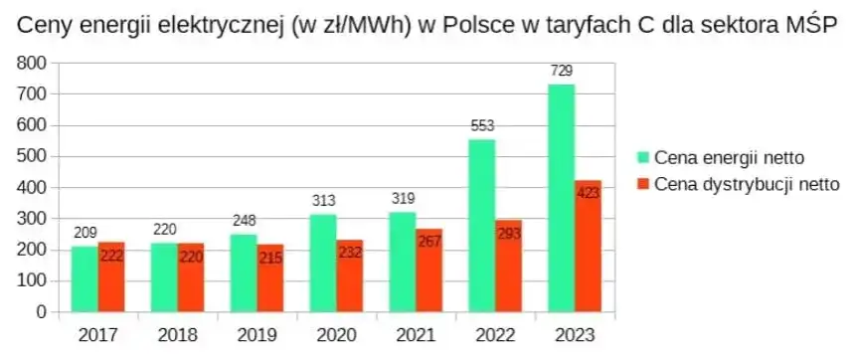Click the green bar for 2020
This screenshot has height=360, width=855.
pos(323,263)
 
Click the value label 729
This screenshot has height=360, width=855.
pos(562,71)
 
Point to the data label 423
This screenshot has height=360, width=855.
pos(589,191)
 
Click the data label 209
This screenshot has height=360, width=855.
pos(85,233)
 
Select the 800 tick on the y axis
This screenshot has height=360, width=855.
pos(34,63)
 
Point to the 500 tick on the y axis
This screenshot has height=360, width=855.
pos(34,156)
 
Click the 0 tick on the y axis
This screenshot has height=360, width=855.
pos(42,311)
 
